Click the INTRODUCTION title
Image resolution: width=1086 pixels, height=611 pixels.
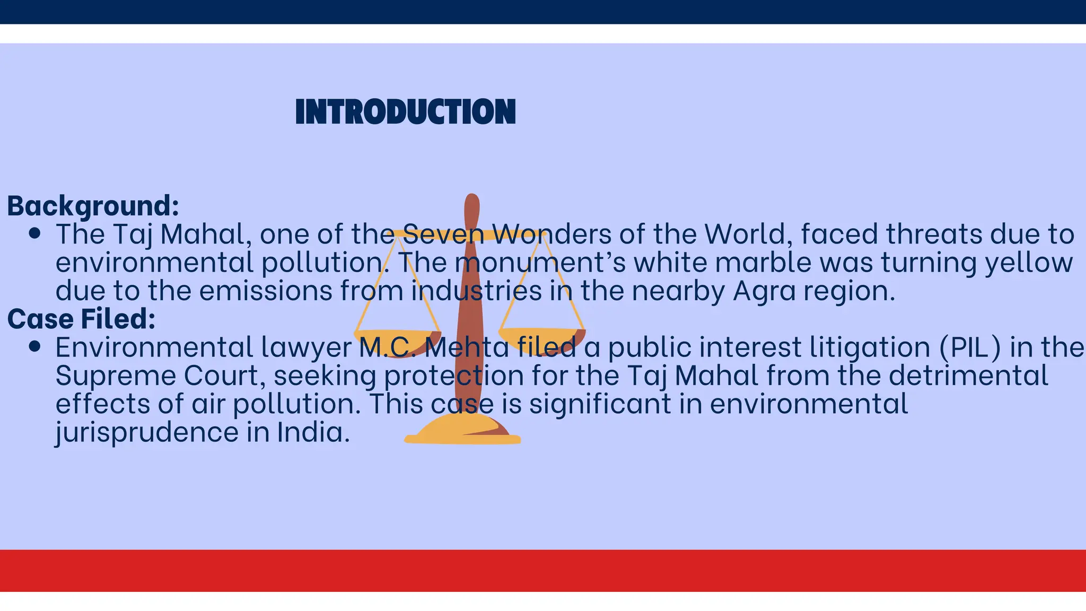[405, 112]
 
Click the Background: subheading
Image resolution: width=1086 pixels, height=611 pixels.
[93, 206]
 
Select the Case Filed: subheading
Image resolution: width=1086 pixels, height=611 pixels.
[81, 319]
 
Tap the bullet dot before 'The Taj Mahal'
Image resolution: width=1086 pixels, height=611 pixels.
[35, 234]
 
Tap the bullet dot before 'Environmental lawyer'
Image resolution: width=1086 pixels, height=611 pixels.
[35, 347]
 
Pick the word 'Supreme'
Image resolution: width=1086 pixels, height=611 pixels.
[116, 376]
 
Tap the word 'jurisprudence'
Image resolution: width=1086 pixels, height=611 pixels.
[147, 432]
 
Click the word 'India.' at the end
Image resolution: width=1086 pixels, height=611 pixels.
[313, 432]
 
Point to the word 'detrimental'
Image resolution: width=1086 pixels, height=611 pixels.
[968, 376]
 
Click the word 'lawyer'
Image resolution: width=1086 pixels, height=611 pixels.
[306, 348]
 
